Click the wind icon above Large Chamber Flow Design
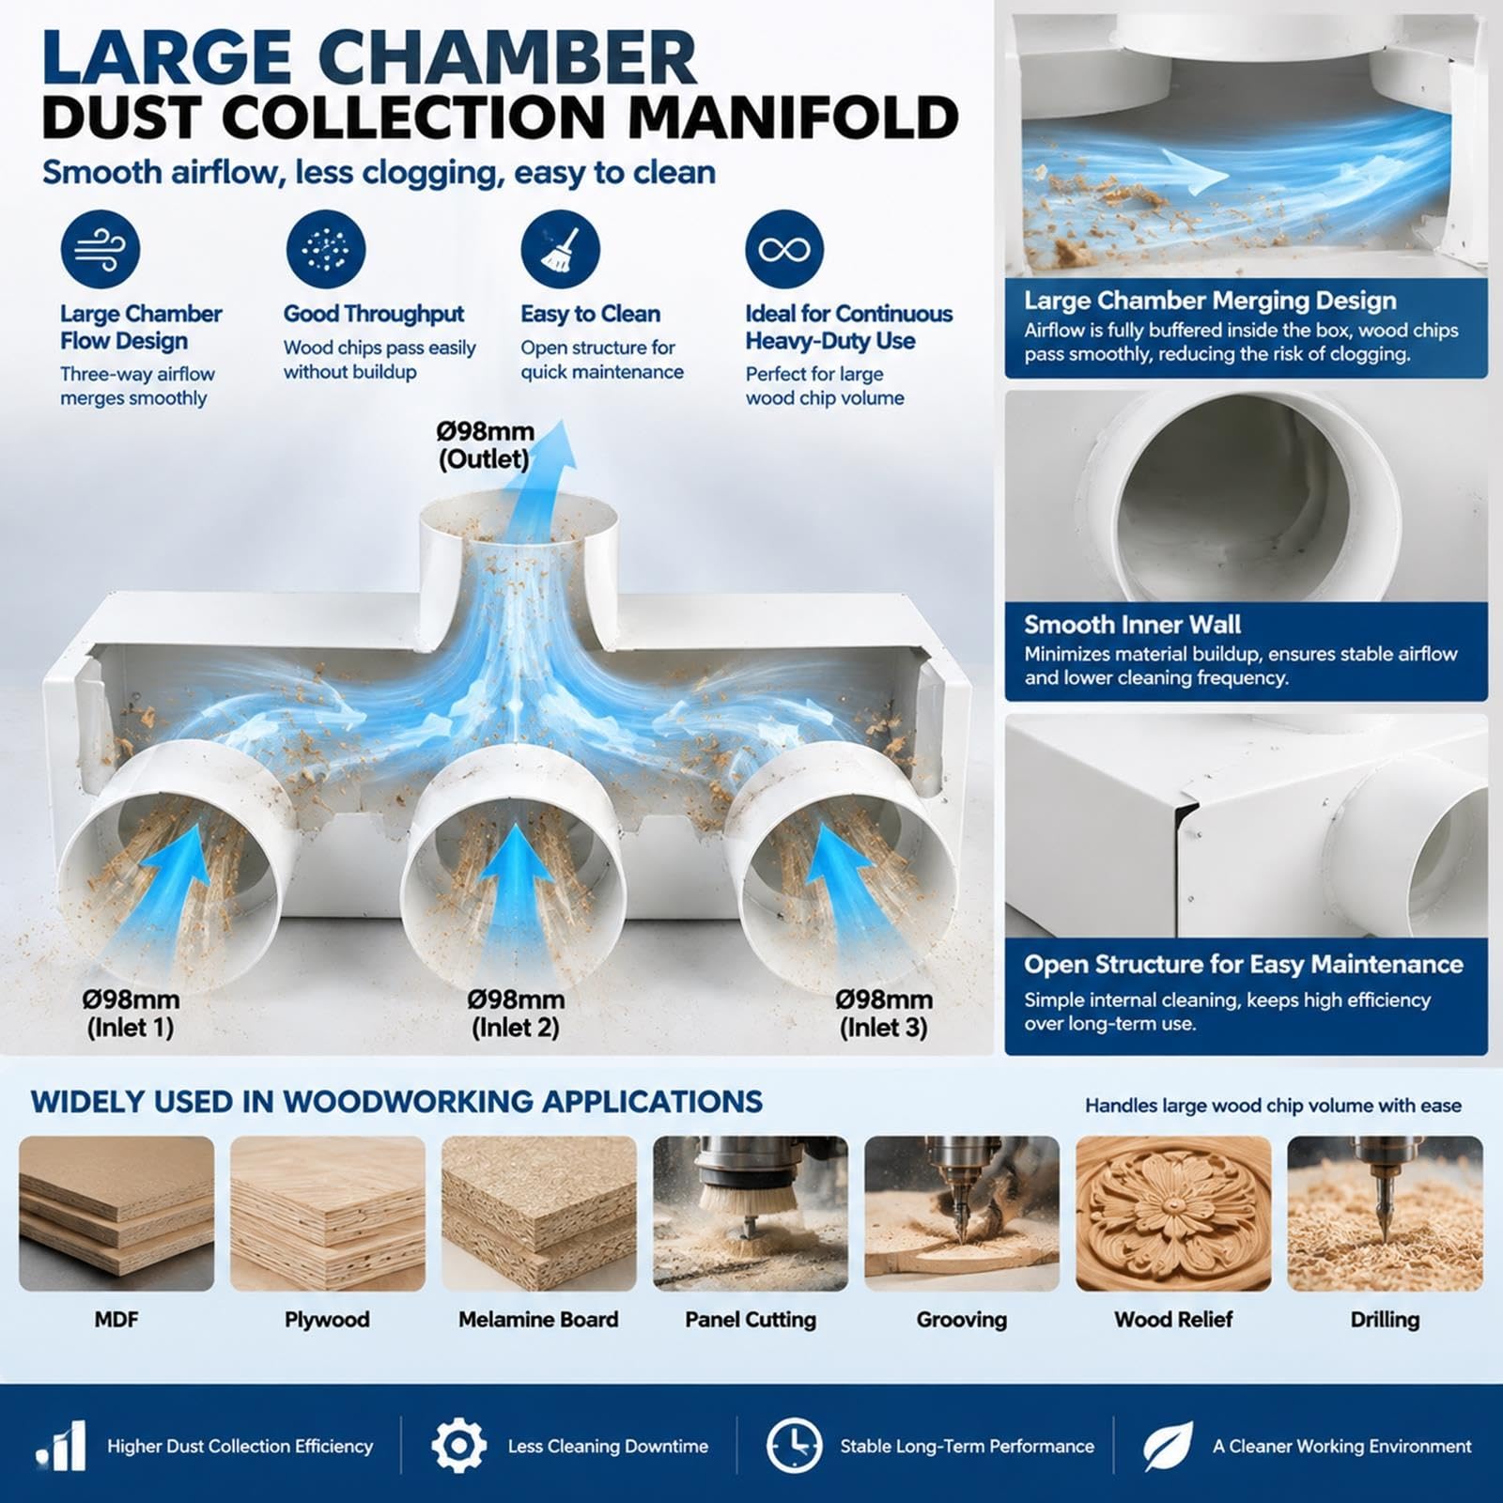(101, 250)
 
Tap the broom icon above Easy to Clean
(560, 250)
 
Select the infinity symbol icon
(784, 250)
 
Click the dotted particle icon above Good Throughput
(326, 250)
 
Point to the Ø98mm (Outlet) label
(485, 445)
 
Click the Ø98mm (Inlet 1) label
(131, 1014)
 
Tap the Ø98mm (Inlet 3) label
(884, 1014)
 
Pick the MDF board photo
(116, 1214)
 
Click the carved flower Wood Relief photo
(1173, 1214)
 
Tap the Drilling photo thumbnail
(1385, 1214)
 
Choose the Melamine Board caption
(538, 1320)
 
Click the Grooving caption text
(962, 1320)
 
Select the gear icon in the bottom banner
(458, 1446)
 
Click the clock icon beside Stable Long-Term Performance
(794, 1446)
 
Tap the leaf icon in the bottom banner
(1168, 1446)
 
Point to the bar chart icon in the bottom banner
(62, 1447)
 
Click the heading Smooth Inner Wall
(1132, 625)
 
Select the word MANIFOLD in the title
(793, 118)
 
